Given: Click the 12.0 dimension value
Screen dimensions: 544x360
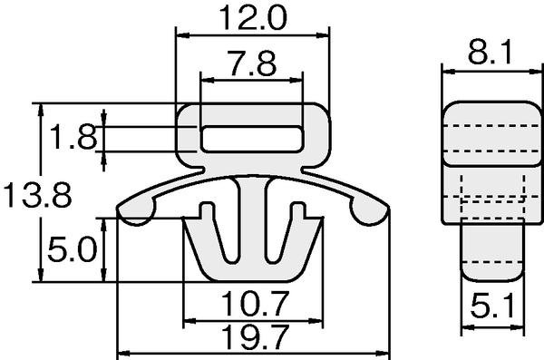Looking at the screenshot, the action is coord(253,17).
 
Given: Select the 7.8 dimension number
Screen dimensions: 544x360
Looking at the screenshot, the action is coord(252,63).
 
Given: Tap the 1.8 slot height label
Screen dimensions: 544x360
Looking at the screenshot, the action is coord(73,136).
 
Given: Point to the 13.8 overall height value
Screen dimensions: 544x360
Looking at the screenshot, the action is coord(37,195).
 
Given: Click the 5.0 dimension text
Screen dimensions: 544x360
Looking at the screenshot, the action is coord(72,248).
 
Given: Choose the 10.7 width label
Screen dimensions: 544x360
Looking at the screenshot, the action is coord(254,304).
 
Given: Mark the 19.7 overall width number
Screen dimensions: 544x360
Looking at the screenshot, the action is coord(255,337).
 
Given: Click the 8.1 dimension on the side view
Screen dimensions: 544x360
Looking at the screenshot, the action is coord(491,52).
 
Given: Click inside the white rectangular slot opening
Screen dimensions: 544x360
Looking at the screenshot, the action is coord(252,139).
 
